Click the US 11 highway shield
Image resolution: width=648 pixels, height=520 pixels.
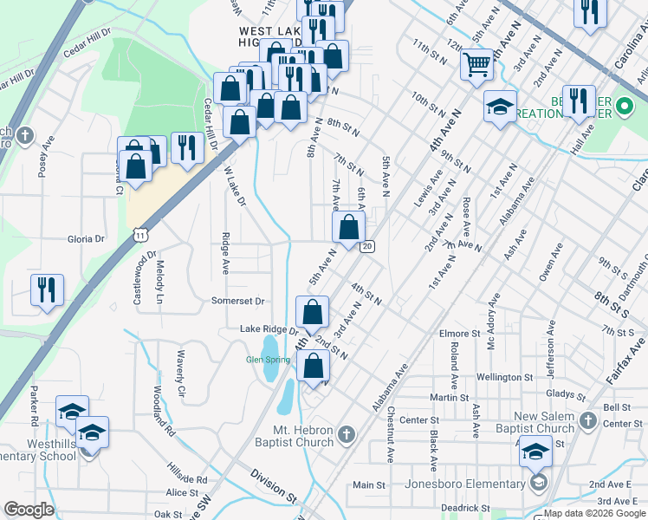point(140,235)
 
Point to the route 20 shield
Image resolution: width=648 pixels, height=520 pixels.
point(367,248)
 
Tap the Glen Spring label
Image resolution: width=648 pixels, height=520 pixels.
point(268,360)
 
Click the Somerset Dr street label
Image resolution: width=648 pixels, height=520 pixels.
point(237,301)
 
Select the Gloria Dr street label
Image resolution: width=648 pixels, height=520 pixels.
point(86,238)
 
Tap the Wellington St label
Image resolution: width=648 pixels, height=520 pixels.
point(502,377)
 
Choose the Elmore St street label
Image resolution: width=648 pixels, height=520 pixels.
point(459,333)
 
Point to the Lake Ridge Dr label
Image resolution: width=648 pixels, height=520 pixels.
point(269,330)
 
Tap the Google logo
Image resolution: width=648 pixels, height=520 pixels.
point(29,510)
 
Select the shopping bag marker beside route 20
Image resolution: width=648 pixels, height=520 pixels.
point(348,229)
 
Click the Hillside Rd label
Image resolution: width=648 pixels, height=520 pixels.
point(188,478)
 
